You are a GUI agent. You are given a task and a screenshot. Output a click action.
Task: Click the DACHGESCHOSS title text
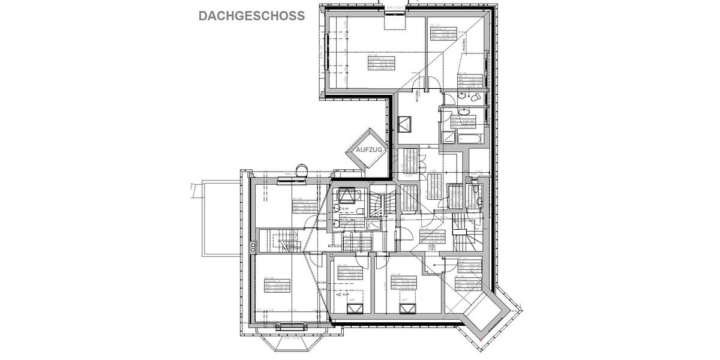(x=251, y=16)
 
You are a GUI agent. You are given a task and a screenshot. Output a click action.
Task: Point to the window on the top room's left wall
(x=328, y=55)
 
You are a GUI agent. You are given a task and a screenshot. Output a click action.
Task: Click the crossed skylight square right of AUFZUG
(x=406, y=124)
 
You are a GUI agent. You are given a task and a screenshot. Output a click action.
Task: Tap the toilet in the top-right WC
(x=475, y=97)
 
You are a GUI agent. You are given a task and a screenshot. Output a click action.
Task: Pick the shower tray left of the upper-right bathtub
(x=448, y=137)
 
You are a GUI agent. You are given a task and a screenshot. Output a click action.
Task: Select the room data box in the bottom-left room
(x=277, y=285)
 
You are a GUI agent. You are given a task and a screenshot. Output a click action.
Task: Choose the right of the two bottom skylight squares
(x=409, y=308)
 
